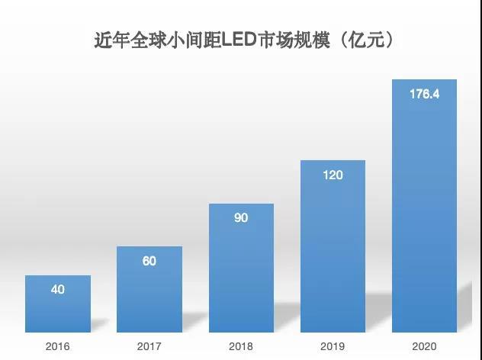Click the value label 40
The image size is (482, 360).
point(58,290)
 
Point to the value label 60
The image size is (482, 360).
point(149,261)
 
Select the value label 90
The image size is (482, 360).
point(241,218)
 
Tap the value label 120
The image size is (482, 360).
point(333,175)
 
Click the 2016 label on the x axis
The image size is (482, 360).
point(58,346)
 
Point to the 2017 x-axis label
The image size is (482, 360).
point(149,346)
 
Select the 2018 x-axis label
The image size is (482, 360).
point(241,346)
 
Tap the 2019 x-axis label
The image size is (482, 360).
point(333,346)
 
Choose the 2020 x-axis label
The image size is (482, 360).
point(424,346)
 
